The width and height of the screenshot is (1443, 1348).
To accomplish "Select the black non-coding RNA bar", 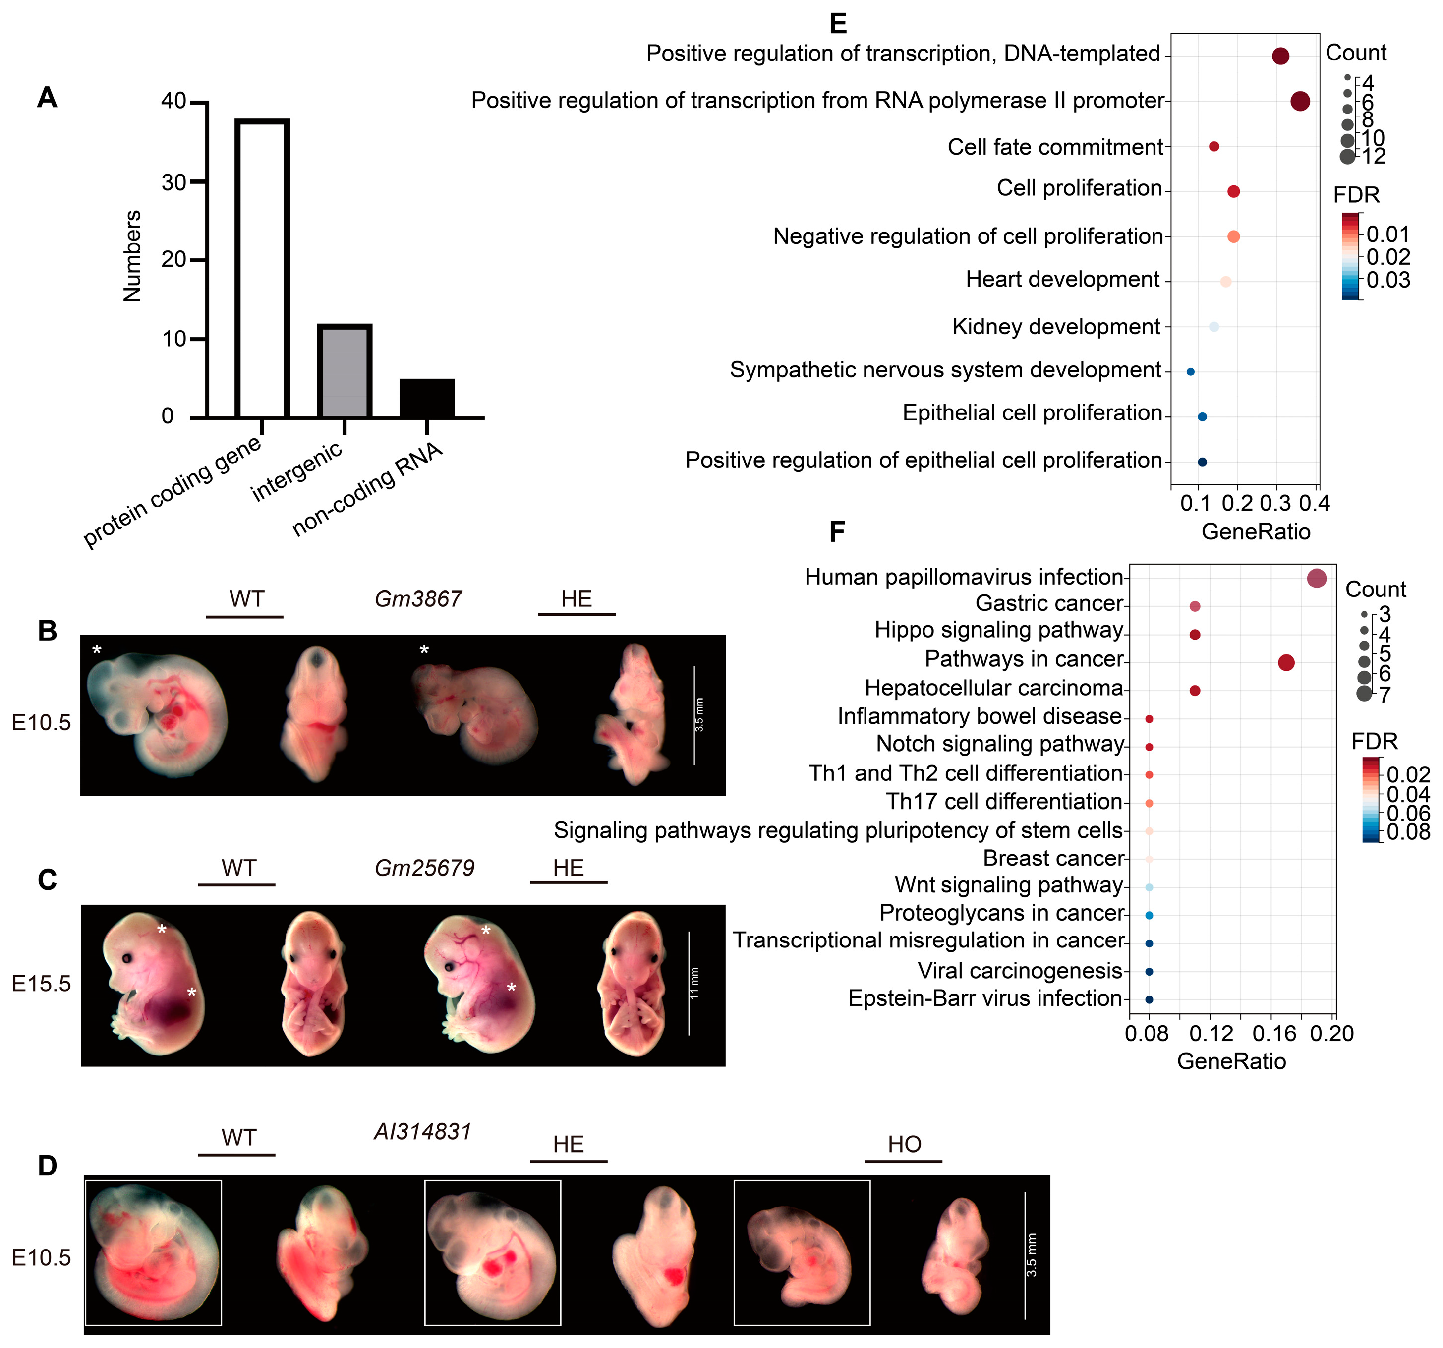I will pos(427,398).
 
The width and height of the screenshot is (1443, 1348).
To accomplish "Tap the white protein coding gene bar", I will pos(262,269).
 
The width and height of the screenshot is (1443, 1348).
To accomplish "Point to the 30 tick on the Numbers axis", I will pos(174,181).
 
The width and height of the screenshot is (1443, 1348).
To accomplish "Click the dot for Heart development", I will pos(1226,282).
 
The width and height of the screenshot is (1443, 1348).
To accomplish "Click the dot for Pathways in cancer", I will pos(1286,662).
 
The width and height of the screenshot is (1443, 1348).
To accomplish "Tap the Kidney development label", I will pos(1056,327).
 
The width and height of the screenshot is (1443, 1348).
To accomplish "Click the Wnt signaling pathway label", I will pos(1009,885).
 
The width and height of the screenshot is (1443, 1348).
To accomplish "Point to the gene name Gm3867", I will pos(418,599).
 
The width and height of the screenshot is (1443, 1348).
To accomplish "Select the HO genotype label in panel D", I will pos(904,1145).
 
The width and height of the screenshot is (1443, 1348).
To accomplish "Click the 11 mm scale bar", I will pos(688,983).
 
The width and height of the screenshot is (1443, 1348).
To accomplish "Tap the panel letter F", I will pos(837,532).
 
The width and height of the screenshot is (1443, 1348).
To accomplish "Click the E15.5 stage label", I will pos(41,984).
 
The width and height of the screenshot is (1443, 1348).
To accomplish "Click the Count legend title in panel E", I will pos(1355,53).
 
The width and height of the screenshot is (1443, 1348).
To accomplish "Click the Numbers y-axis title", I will pos(132,255).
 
